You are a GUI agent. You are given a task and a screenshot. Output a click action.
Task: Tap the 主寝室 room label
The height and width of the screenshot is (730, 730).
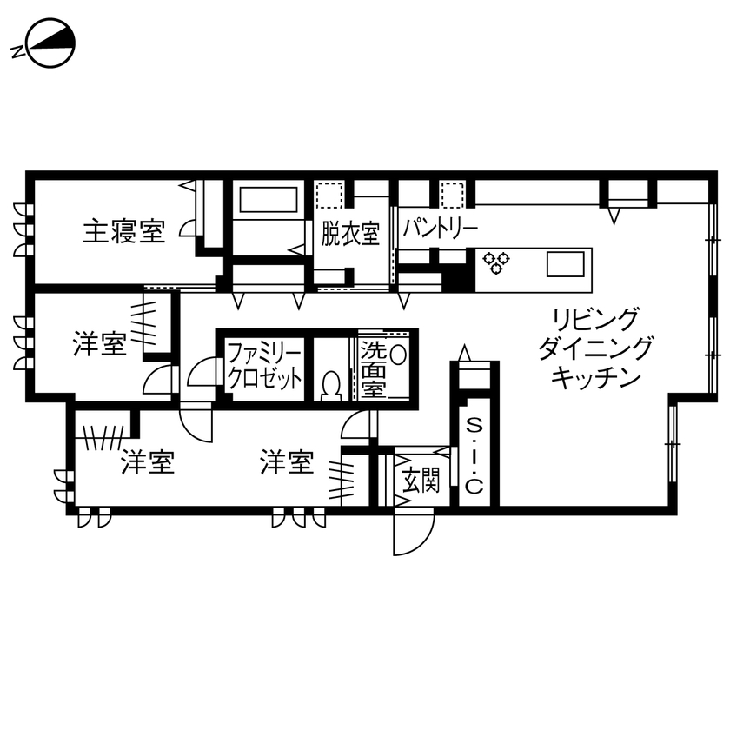124,232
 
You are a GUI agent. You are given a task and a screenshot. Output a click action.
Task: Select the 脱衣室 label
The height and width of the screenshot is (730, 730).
350,233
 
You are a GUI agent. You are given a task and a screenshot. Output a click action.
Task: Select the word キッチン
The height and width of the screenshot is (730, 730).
596,377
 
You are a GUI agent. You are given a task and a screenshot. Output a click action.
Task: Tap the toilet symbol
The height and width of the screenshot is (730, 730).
330,384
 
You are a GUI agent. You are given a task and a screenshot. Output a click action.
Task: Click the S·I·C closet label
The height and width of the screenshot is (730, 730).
474,456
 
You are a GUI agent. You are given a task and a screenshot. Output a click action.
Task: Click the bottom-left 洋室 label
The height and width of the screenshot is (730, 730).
148,461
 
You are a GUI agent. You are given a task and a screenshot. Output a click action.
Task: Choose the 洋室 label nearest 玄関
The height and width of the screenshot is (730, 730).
287,461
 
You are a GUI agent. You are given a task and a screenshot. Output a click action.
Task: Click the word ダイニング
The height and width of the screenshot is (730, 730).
596,348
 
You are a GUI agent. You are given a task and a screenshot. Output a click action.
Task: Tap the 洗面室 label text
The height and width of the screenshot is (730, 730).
373,370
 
